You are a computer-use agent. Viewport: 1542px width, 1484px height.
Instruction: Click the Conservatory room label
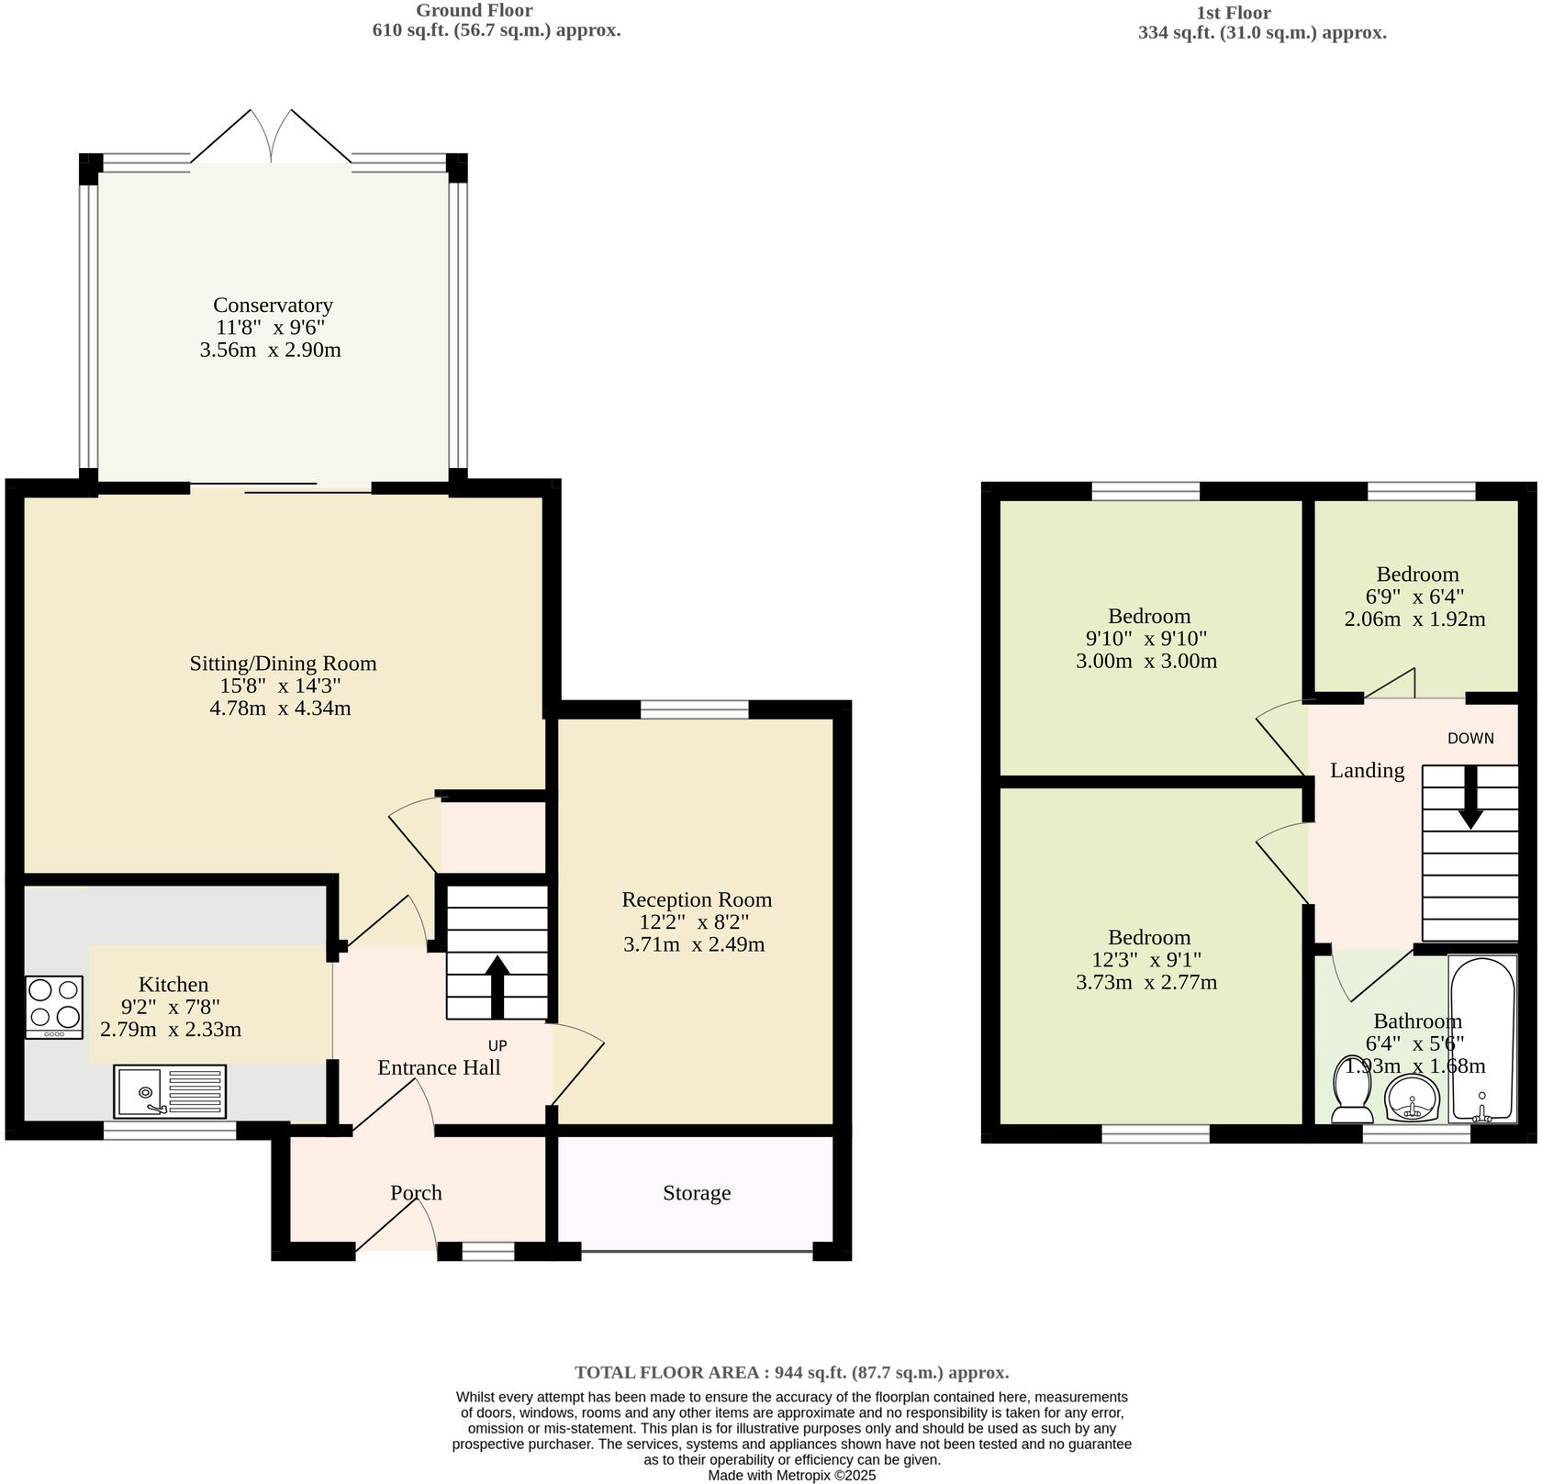(x=273, y=305)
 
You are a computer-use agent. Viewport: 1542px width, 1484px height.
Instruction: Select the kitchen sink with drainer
(x=170, y=1091)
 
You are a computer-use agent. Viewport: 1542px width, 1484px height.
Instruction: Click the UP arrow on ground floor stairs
(x=497, y=986)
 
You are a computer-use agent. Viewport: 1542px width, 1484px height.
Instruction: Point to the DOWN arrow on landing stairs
(x=1470, y=798)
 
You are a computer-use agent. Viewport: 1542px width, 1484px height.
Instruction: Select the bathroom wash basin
(x=1411, y=1098)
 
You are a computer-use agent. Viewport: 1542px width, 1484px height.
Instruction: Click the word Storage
(x=697, y=1193)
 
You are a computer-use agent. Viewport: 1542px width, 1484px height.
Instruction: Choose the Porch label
(x=416, y=1193)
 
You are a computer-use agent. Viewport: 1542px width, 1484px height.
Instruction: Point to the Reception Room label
(x=697, y=899)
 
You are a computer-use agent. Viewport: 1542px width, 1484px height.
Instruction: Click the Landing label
(x=1367, y=770)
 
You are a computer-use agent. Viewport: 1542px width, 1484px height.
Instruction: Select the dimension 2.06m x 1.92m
(x=1414, y=619)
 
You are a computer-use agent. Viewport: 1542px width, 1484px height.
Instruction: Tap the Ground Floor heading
(x=474, y=10)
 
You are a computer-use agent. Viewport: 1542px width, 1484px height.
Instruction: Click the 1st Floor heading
(x=1234, y=13)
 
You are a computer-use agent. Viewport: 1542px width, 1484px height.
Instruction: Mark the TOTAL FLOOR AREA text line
(x=791, y=1372)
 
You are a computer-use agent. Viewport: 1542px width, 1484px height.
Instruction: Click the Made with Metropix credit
(x=791, y=1476)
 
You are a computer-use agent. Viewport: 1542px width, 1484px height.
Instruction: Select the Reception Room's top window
(x=694, y=709)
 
